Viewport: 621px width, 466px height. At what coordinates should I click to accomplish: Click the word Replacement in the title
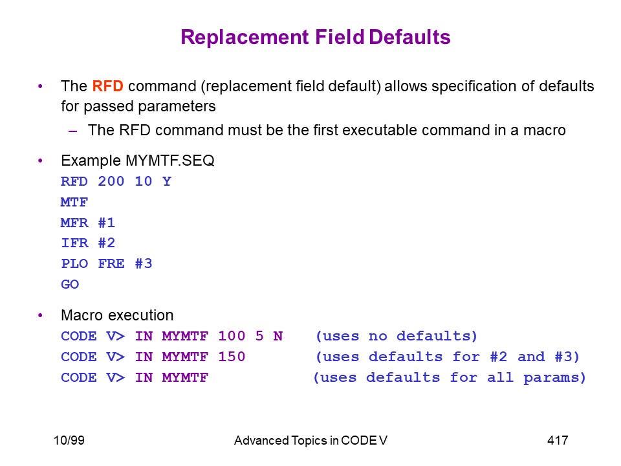click(245, 37)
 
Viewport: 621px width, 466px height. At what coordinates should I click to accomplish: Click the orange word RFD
click(107, 86)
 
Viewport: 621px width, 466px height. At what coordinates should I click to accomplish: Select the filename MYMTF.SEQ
click(170, 161)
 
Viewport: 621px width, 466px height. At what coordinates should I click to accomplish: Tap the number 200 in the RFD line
click(111, 181)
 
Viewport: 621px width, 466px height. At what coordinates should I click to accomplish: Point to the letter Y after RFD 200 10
click(167, 181)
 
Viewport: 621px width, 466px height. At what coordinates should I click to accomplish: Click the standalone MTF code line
click(74, 202)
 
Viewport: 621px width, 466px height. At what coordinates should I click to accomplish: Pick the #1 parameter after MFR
click(107, 223)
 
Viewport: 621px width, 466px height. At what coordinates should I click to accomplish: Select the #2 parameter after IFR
click(107, 243)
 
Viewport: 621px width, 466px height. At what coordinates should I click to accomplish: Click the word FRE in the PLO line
click(111, 263)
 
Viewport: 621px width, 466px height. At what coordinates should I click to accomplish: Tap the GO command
click(70, 284)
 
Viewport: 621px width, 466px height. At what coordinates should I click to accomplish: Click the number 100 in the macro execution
click(232, 336)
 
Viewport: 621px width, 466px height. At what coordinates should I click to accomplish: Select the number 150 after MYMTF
click(232, 357)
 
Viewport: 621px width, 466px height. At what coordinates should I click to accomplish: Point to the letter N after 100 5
click(278, 336)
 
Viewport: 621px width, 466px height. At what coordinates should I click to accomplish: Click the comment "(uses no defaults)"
click(397, 336)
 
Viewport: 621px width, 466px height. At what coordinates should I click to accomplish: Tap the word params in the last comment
click(554, 377)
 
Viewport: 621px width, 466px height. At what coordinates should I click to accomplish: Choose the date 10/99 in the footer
click(69, 440)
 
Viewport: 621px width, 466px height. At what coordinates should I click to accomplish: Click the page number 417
click(558, 440)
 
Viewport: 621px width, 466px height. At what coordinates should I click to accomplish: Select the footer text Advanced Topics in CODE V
click(310, 440)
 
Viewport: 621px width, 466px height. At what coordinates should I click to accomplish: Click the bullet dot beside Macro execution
click(40, 315)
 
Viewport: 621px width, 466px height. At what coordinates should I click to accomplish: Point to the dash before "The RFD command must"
click(72, 131)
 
